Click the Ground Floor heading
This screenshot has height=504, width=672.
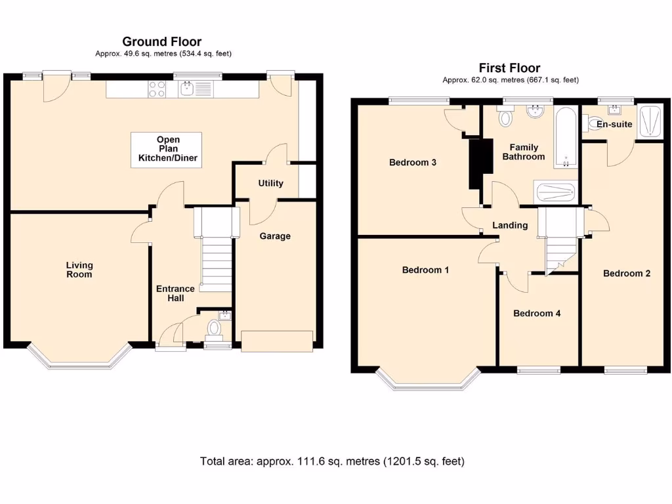pos(161,41)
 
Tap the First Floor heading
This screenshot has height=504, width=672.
pos(509,68)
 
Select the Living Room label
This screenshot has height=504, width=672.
pos(79,270)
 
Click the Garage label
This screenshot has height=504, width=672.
pos(275,236)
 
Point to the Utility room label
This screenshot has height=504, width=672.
pos(270,183)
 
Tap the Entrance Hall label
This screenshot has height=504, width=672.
pos(175,293)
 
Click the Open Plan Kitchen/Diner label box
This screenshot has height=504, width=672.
pos(166,150)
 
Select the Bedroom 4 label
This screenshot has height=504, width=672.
pos(537,313)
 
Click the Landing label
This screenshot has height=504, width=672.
pos(509,225)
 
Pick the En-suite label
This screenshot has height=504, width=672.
pos(614,124)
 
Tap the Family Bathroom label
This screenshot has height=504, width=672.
pos(523,152)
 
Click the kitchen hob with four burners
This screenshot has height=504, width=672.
pos(156,89)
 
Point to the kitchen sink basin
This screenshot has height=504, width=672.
pos(187,89)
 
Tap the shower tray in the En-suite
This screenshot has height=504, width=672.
pos(649,121)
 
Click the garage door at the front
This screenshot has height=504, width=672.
pos(277,341)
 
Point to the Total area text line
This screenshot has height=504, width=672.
pos(332,461)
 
